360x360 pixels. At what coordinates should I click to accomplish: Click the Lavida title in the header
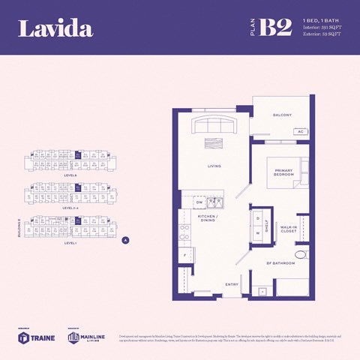55,28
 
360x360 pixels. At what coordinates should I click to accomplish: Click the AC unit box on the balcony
300,131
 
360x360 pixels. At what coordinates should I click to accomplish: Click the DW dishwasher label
199,202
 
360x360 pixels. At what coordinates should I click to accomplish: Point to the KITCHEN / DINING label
207,218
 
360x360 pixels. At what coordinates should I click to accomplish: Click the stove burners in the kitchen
184,230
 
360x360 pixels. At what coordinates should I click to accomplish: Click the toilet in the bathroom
301,255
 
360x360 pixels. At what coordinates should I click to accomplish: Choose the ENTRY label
231,284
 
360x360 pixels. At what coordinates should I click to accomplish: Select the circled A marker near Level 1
126,240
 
